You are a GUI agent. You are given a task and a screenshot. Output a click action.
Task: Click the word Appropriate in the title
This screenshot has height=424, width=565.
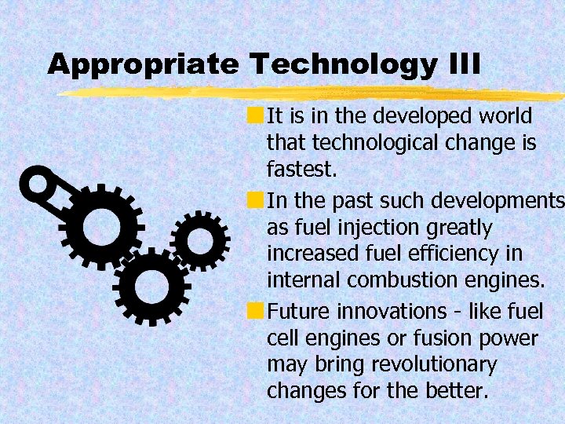[x=141, y=65]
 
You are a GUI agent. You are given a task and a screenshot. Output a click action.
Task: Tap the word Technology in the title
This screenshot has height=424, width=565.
[x=340, y=65]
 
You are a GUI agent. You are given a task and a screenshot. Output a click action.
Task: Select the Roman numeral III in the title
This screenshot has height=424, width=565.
[x=462, y=65]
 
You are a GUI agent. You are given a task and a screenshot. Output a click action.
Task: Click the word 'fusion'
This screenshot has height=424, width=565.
[x=454, y=338]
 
